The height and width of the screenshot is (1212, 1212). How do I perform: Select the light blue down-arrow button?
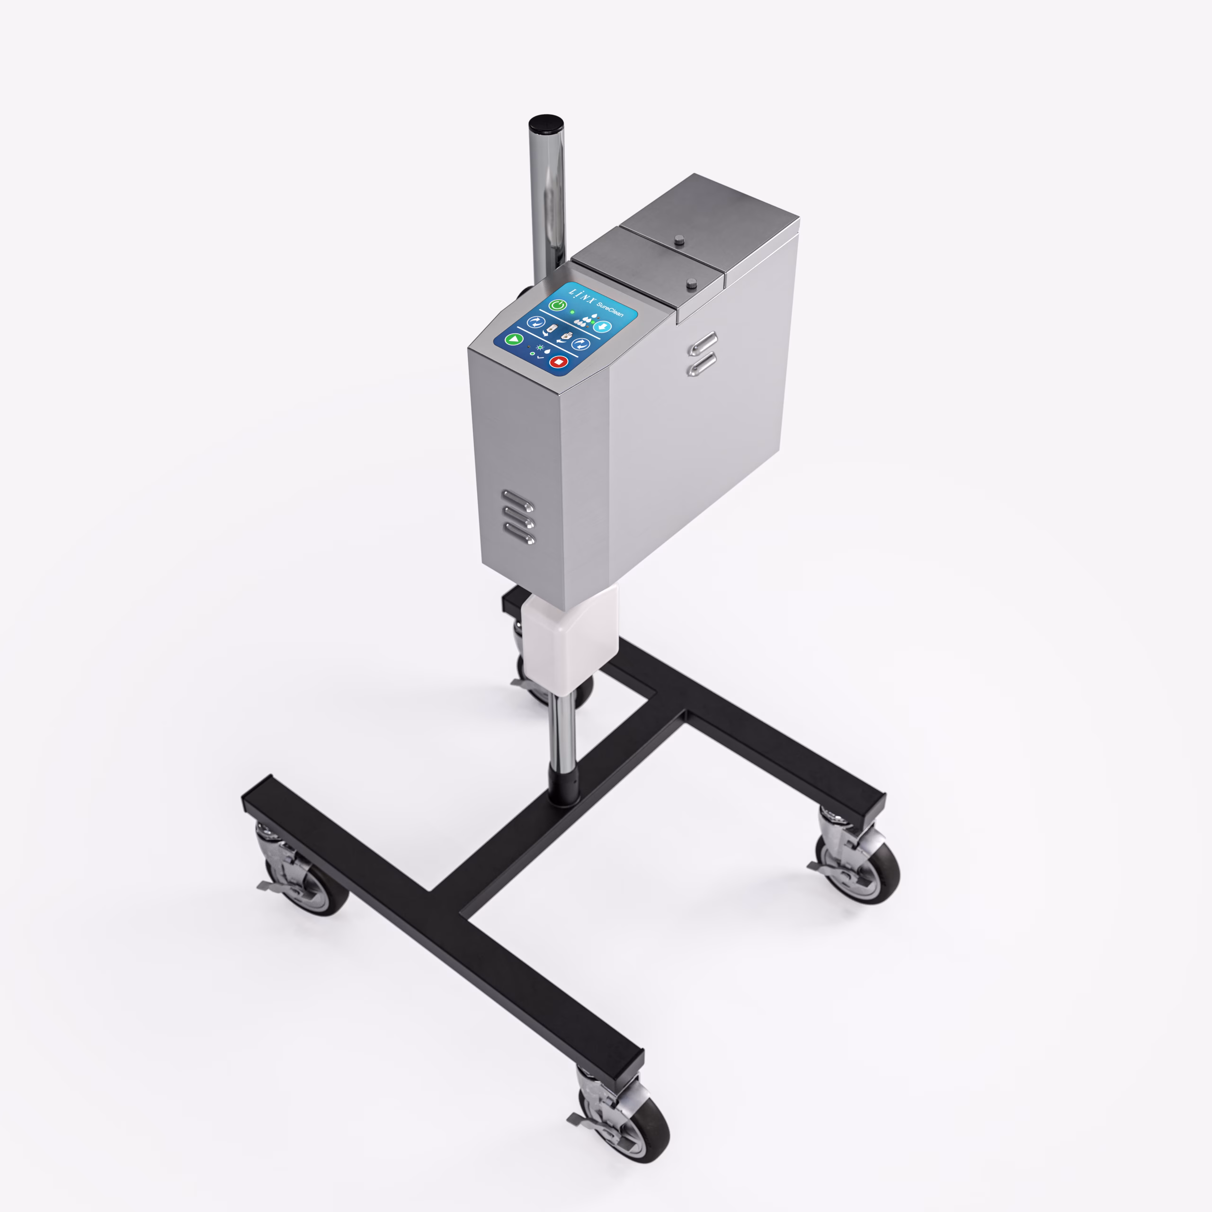coord(602,327)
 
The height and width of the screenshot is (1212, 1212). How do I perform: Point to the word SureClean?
coord(610,309)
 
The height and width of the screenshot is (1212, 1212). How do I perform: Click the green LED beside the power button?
coord(572,312)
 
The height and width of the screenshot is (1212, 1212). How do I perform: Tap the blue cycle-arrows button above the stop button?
coord(581,344)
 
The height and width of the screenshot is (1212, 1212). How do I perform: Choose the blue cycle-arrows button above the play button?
coord(536,323)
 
